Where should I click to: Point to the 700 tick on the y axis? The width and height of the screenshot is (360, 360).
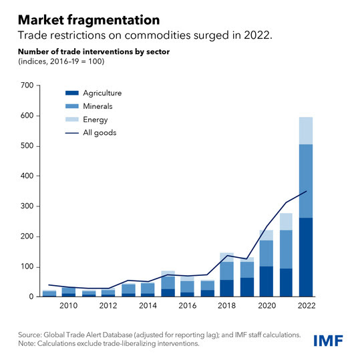click(26, 85)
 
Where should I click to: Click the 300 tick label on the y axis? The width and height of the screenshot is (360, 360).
click(26, 206)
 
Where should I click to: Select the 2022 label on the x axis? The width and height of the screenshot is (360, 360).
click(306, 305)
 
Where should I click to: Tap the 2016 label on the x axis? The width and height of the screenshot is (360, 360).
click(188, 305)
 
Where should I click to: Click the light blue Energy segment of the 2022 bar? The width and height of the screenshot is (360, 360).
click(306, 130)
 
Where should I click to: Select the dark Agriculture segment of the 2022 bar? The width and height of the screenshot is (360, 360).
click(306, 257)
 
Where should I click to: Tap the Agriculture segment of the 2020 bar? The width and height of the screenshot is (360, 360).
click(266, 281)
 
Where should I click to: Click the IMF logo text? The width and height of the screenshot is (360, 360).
click(330, 341)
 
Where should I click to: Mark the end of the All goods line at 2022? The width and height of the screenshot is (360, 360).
click(306, 192)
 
